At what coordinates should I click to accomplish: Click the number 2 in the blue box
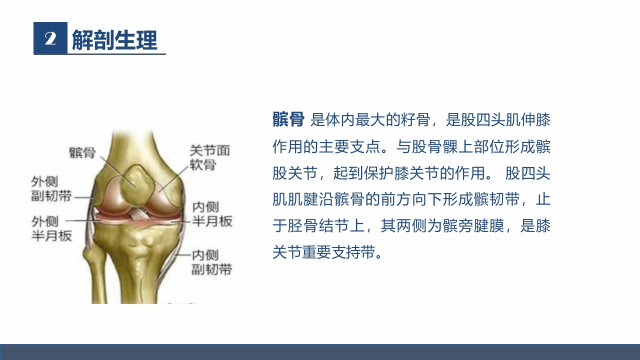point(50,38)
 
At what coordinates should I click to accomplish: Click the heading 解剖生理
point(114,39)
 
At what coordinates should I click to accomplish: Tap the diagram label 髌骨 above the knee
point(82,152)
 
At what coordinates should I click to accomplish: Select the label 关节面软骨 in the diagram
point(209,157)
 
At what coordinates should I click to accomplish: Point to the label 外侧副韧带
point(51,188)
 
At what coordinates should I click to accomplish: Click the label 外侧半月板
point(51,228)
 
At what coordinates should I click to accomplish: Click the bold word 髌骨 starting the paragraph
point(288,120)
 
